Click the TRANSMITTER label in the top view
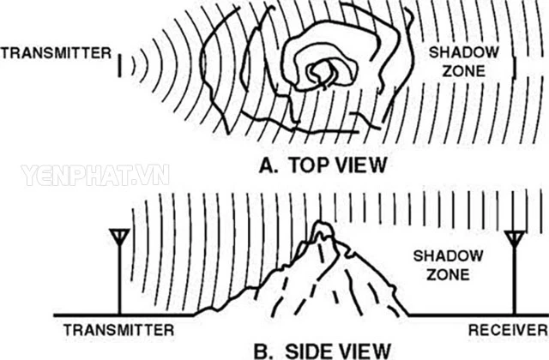click(56, 53)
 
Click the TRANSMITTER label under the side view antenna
click(118, 330)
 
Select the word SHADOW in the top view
click(464, 52)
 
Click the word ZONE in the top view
click(464, 71)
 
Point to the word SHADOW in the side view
click(448, 255)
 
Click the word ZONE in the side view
click(448, 274)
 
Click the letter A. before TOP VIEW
click(268, 165)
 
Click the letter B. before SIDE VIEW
click(262, 351)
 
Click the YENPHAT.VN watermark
click(95, 175)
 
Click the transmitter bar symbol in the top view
click(119, 65)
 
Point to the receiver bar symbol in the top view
click(515, 68)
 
